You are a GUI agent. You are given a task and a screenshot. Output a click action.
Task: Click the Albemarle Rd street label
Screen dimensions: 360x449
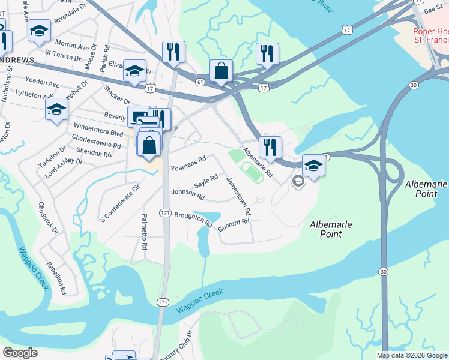(258, 163)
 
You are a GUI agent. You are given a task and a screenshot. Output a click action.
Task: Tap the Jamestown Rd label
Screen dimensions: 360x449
(238, 197)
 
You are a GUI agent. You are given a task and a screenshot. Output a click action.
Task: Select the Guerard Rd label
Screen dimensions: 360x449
(234, 223)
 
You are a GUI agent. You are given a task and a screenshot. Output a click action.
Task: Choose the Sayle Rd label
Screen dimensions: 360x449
(205, 179)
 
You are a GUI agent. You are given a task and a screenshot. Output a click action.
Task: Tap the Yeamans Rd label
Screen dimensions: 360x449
(188, 160)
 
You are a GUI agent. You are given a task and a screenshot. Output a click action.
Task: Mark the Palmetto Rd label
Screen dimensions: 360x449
(145, 232)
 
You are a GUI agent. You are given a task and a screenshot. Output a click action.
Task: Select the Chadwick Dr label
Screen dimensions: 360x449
(48, 218)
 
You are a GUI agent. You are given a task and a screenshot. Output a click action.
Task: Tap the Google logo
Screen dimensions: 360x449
(20, 353)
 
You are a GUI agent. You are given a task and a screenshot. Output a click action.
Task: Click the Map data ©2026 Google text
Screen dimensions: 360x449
(412, 355)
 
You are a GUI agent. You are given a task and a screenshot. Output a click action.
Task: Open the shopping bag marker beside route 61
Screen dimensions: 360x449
(221, 71)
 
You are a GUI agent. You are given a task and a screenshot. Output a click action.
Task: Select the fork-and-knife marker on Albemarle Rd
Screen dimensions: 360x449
(270, 146)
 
